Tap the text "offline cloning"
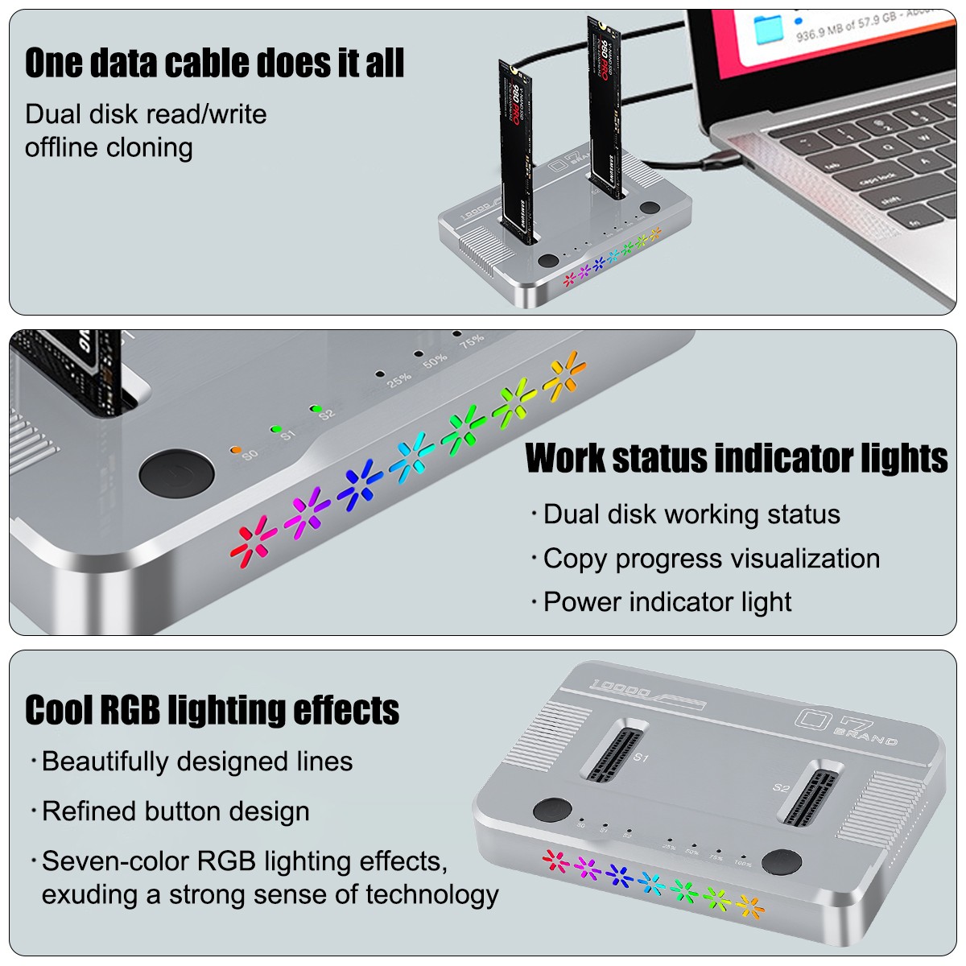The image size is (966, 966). click(x=109, y=148)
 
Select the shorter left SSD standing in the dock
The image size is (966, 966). click(x=516, y=153)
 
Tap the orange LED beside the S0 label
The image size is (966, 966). click(x=235, y=449)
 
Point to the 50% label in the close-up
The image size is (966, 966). click(x=435, y=361)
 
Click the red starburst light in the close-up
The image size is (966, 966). click(x=254, y=540)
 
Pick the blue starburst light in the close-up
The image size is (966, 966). click(x=359, y=485)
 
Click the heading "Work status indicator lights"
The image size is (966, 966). click(x=736, y=458)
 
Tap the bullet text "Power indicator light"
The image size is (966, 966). click(x=667, y=602)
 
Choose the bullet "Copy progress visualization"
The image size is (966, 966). click(x=711, y=559)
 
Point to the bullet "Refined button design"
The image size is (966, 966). click(x=175, y=811)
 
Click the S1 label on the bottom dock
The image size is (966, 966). click(x=641, y=758)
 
